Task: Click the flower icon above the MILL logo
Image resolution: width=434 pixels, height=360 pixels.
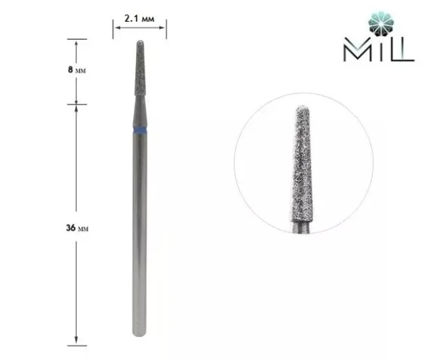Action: pos(382,25)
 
